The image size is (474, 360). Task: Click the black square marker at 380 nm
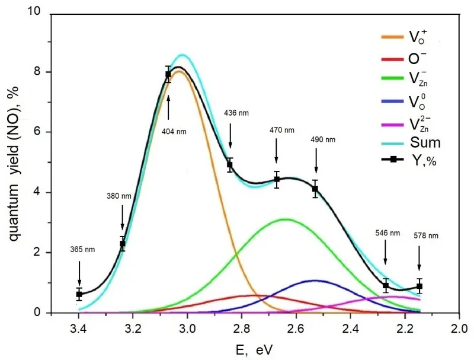click(123, 244)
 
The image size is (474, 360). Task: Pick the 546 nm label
click(385, 233)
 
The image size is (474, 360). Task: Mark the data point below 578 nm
click(419, 286)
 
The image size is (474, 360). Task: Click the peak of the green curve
click(286, 219)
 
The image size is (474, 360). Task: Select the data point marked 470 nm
click(277, 179)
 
